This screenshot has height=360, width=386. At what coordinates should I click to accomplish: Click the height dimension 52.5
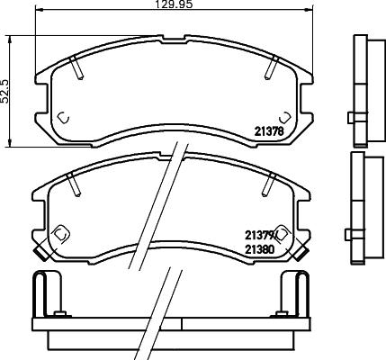tap(6, 90)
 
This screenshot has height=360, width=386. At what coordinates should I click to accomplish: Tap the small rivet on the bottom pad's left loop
tap(59, 314)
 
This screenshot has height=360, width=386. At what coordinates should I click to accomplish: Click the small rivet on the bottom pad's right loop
tap(286, 314)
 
